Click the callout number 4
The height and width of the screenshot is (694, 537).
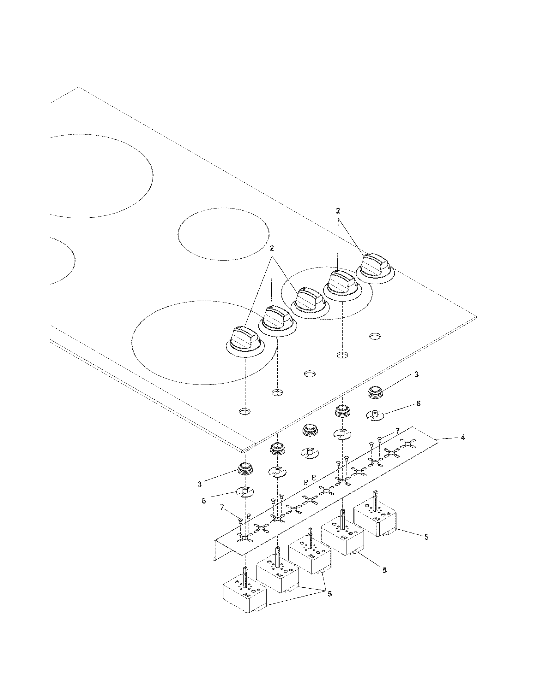[463, 438]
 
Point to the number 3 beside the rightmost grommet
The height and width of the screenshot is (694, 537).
[416, 375]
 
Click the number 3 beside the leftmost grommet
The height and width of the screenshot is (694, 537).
[199, 484]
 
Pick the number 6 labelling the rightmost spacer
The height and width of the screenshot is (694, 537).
[418, 403]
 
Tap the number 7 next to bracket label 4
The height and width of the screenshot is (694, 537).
[397, 431]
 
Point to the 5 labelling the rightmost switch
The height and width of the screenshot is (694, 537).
[426, 537]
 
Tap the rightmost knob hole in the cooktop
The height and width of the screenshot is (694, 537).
[375, 336]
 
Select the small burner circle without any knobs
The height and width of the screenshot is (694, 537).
[223, 234]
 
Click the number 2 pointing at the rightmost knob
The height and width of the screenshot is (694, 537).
[338, 211]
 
